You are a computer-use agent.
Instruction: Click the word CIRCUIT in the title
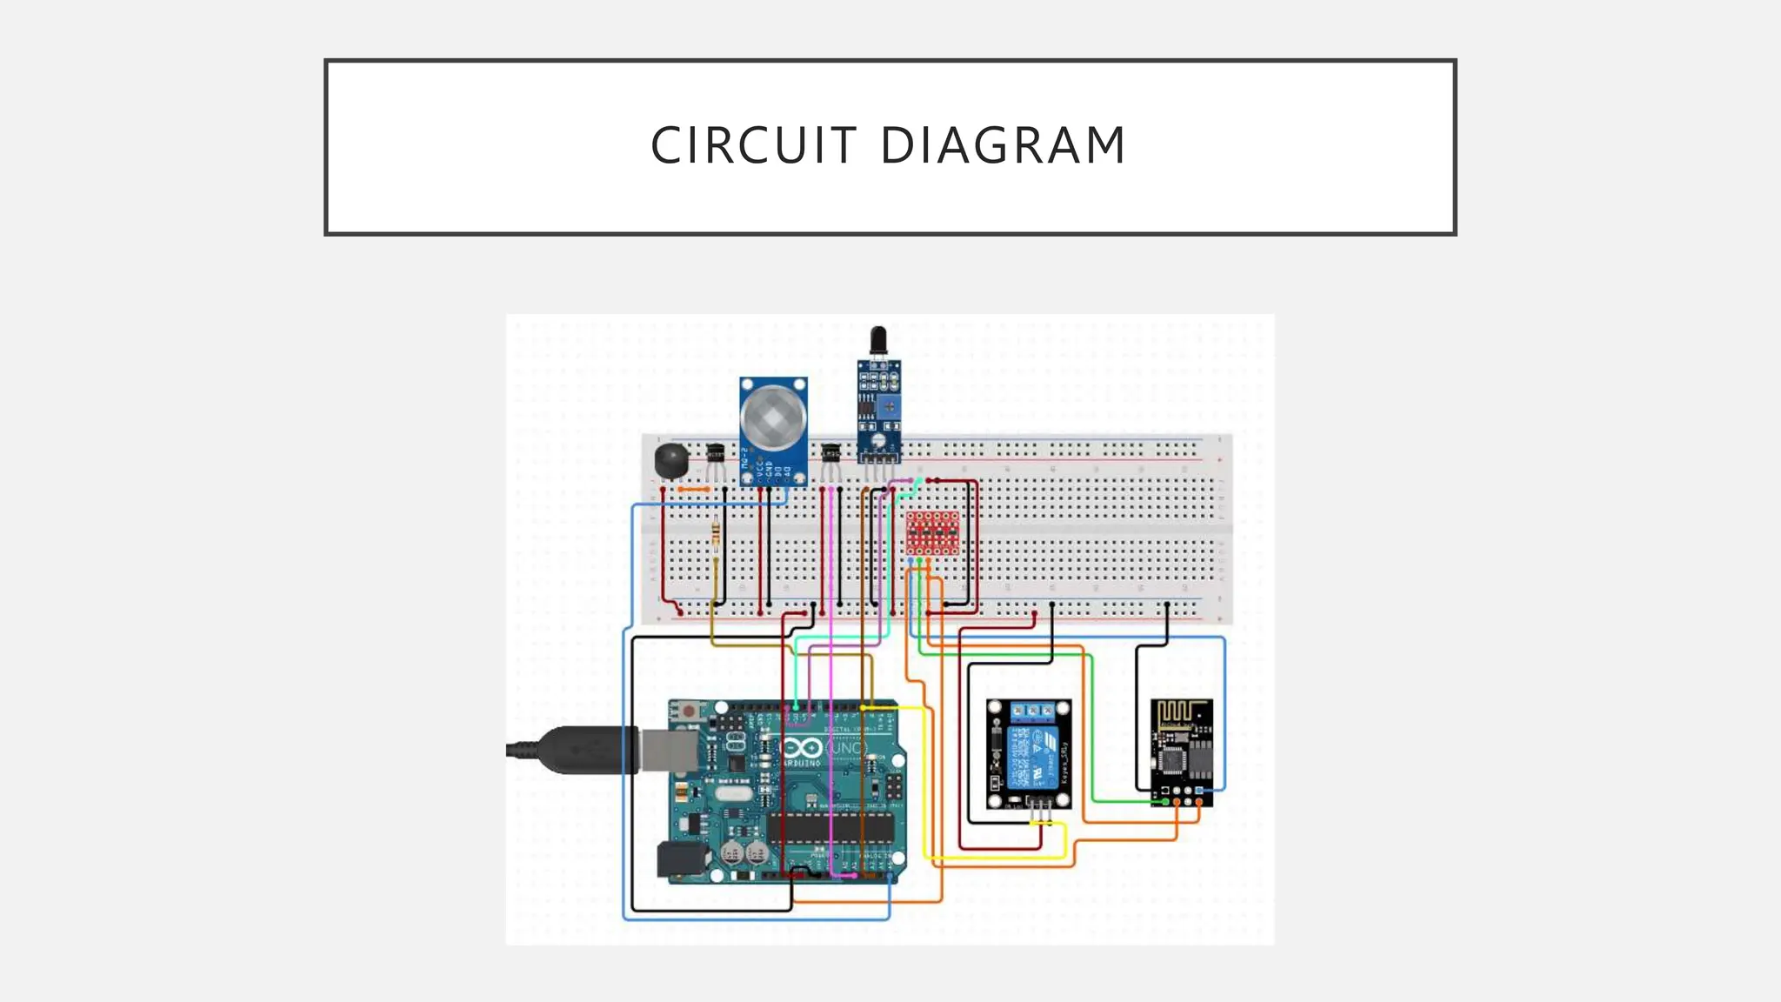point(753,145)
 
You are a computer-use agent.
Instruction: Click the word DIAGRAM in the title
point(1004,145)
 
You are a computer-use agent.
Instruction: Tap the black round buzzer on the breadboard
point(670,461)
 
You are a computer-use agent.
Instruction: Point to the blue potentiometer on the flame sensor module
point(890,404)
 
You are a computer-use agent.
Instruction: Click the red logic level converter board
point(932,532)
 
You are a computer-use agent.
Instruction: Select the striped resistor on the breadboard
point(716,531)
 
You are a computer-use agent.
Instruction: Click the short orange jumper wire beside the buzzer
point(693,490)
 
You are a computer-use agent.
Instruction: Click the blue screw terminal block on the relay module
point(1033,713)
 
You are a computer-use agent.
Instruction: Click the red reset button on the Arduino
point(689,711)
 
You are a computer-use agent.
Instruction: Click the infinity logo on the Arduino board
point(801,749)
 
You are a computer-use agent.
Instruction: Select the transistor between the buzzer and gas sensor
point(716,453)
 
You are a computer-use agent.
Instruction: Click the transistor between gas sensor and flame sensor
point(830,453)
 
